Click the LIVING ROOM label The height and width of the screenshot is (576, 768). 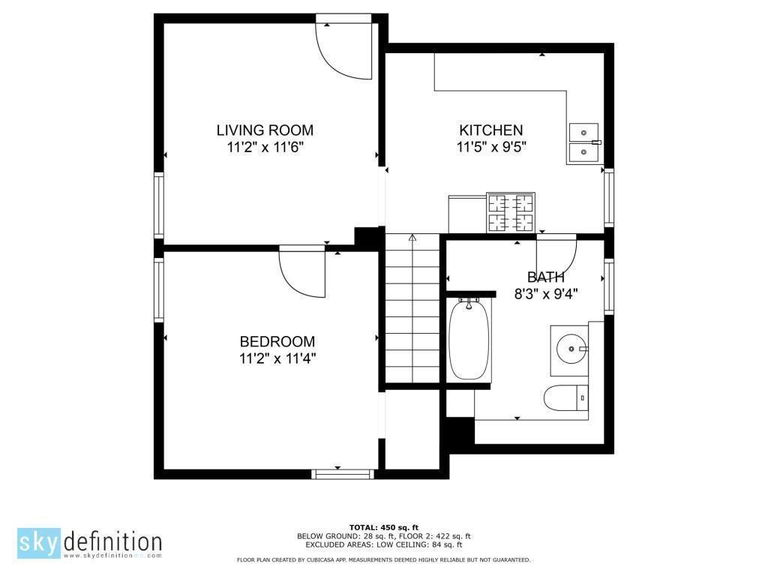[x=265, y=130]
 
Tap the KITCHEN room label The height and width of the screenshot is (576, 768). [x=490, y=130]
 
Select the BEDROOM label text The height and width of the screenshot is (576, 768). [x=277, y=341]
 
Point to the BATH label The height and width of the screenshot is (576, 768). [x=546, y=277]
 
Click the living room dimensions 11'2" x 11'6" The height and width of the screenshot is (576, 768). [x=265, y=147]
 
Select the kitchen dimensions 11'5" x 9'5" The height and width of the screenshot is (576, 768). [x=491, y=147]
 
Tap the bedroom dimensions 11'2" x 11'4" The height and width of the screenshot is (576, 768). [x=277, y=358]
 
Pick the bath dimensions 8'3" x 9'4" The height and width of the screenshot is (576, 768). [x=546, y=294]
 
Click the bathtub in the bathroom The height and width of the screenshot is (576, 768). [x=469, y=339]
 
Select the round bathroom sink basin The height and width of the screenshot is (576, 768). [x=571, y=349]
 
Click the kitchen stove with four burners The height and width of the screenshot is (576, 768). [x=510, y=212]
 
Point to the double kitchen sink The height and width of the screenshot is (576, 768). [x=583, y=143]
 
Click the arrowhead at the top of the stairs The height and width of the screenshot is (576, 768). [x=412, y=238]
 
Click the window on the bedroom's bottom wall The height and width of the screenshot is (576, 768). [x=342, y=474]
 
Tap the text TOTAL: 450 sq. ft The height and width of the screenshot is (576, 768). [x=383, y=527]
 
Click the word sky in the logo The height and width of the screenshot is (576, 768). [x=39, y=543]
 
